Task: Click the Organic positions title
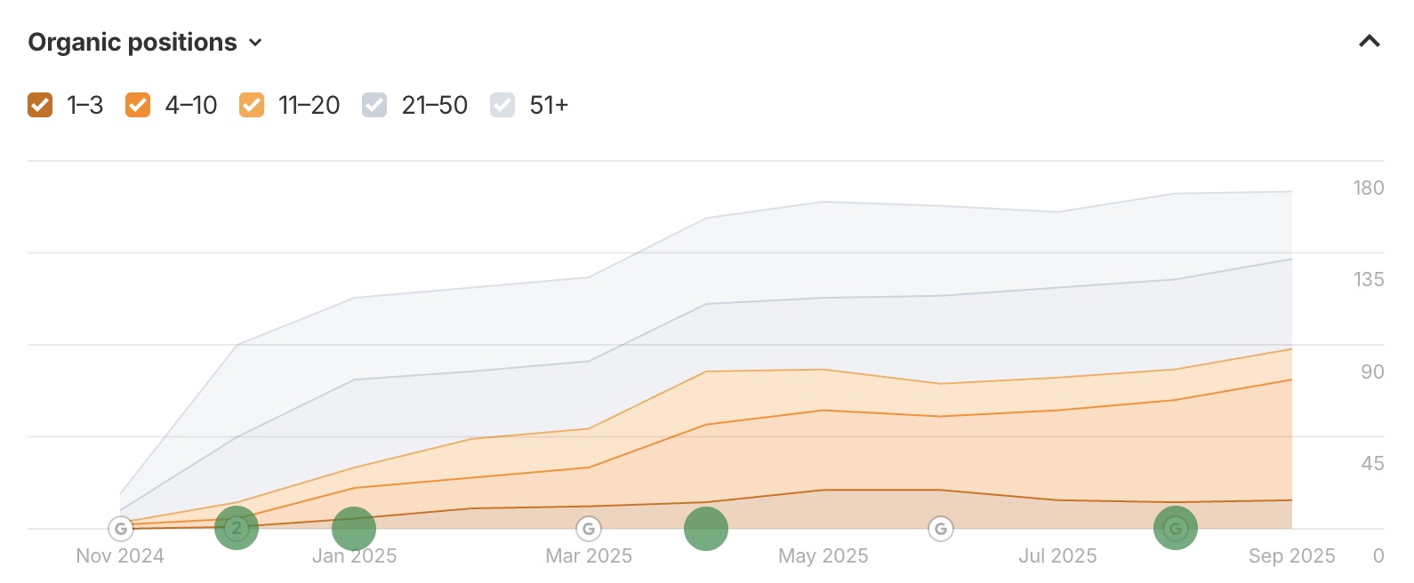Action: pyautogui.click(x=133, y=43)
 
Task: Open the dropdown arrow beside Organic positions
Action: pyautogui.click(x=256, y=43)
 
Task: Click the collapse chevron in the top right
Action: pyautogui.click(x=1369, y=41)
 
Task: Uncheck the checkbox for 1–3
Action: pyautogui.click(x=40, y=105)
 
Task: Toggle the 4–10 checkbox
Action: pyautogui.click(x=138, y=105)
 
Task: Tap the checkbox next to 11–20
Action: pyautogui.click(x=252, y=105)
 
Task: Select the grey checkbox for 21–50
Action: pyautogui.click(x=374, y=105)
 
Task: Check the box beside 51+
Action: pyautogui.click(x=502, y=105)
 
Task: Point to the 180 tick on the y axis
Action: pyautogui.click(x=1368, y=188)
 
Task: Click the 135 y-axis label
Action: pyautogui.click(x=1368, y=279)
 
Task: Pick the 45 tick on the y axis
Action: pyautogui.click(x=1371, y=463)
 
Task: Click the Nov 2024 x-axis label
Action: pyautogui.click(x=120, y=556)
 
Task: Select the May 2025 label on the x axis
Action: pyautogui.click(x=823, y=556)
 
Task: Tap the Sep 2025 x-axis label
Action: pyautogui.click(x=1291, y=556)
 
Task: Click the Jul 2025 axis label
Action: pyautogui.click(x=1057, y=556)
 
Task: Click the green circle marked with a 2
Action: pyautogui.click(x=237, y=528)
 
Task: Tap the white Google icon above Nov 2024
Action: pyautogui.click(x=121, y=529)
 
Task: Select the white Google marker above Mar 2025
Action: pyautogui.click(x=588, y=529)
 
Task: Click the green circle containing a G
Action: pyautogui.click(x=1175, y=529)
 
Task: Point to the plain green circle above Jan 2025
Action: pyautogui.click(x=354, y=529)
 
